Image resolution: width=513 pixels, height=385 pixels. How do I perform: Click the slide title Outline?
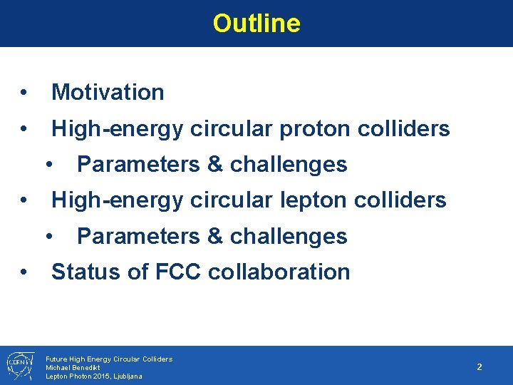tap(256, 24)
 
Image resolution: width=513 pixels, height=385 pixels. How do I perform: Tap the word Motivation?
tap(108, 92)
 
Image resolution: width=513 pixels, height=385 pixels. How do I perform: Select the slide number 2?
tap(480, 366)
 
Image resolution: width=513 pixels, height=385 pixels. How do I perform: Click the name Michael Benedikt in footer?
tap(73, 367)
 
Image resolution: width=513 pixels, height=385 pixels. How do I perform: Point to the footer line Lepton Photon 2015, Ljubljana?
tap(93, 376)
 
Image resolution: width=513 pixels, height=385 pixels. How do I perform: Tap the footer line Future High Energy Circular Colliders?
tap(108, 359)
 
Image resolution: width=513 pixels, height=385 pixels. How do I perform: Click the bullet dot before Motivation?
tap(24, 93)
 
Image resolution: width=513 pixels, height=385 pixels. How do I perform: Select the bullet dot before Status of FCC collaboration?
tap(24, 272)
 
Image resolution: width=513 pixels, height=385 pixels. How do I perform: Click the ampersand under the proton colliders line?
tap(214, 165)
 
